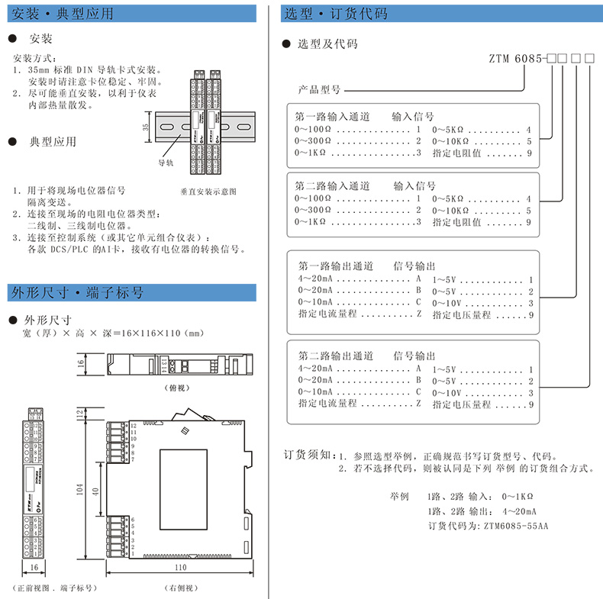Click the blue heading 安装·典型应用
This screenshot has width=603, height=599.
pyautogui.click(x=64, y=13)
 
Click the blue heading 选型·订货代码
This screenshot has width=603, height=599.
pyautogui.click(x=335, y=13)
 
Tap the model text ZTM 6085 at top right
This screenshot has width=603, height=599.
pyautogui.click(x=515, y=58)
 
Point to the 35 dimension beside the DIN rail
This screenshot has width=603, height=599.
pyautogui.click(x=145, y=127)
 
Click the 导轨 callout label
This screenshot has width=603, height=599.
pyautogui.click(x=166, y=162)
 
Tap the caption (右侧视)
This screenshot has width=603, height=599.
pyautogui.click(x=180, y=588)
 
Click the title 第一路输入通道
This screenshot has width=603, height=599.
pyautogui.click(x=332, y=117)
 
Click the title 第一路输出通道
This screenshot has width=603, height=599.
pyautogui.click(x=335, y=266)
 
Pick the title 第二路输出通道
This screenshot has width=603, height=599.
pyautogui.click(x=335, y=356)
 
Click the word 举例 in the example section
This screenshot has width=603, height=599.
pyautogui.click(x=400, y=494)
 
